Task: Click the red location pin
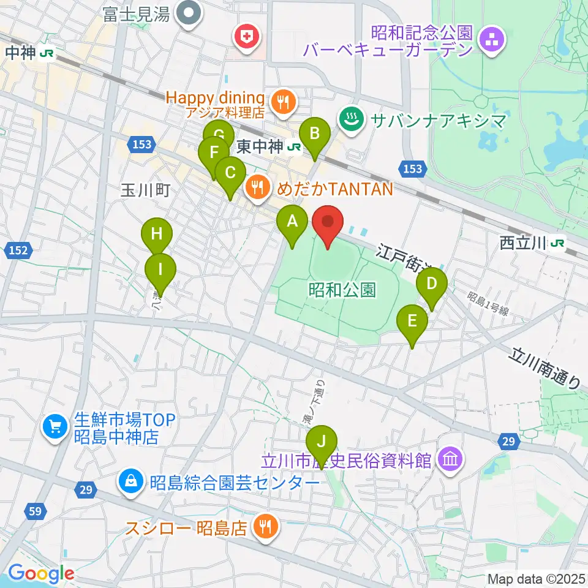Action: coord(328,224)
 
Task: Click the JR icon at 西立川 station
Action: coord(557,244)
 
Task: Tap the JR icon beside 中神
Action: coord(46,54)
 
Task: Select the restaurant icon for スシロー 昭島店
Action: coord(265,527)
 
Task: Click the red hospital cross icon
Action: coord(248,37)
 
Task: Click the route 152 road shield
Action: coord(18,250)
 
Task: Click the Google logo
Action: coord(41,574)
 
